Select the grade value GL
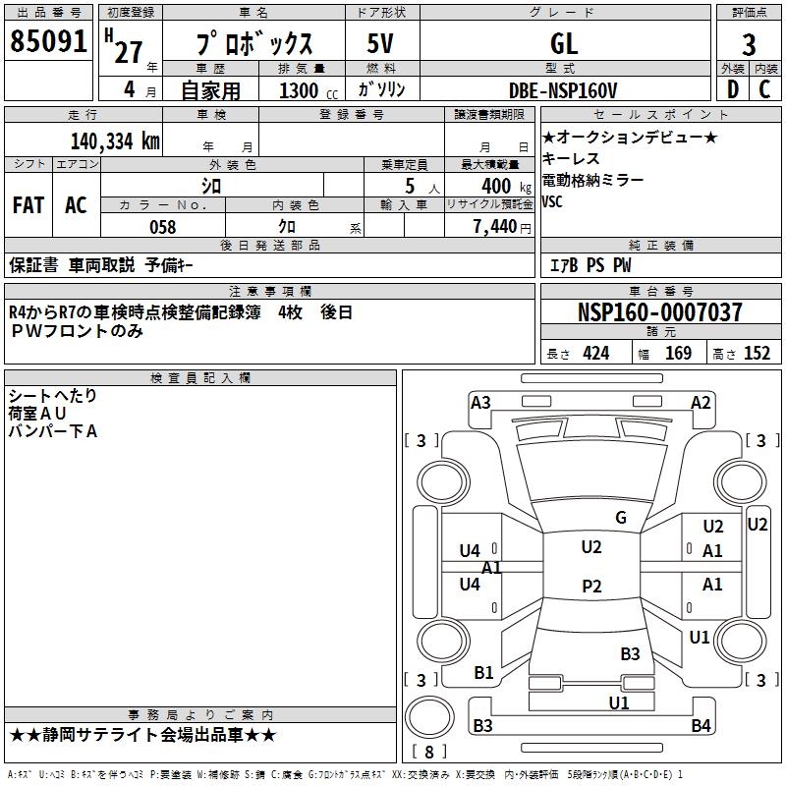564,44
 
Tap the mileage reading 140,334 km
115,141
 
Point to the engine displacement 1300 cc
300,90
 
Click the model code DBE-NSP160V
564,90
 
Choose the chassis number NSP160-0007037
660,312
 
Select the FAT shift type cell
28,205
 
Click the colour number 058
162,227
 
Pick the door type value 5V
381,44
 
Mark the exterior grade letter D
732,90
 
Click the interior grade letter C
764,90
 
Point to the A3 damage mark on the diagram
480,402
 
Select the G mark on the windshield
621,518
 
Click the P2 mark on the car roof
591,587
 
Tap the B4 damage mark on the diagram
701,726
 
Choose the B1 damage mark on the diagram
483,673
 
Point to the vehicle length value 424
595,354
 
